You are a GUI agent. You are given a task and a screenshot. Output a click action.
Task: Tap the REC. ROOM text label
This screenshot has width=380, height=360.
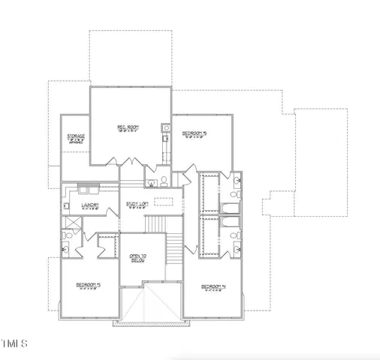pyautogui.click(x=126, y=128)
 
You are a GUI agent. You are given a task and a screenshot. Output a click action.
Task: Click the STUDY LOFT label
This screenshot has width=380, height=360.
pyautogui.click(x=136, y=204)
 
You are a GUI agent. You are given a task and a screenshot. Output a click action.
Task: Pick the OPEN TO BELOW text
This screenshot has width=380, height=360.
pyautogui.click(x=138, y=258)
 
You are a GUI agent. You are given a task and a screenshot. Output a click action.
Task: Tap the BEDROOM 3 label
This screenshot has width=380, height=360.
pyautogui.click(x=88, y=286)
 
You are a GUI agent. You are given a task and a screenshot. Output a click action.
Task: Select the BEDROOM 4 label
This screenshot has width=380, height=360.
pyautogui.click(x=213, y=287)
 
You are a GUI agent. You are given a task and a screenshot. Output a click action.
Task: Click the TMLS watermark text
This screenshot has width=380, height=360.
pyautogui.click(x=14, y=344)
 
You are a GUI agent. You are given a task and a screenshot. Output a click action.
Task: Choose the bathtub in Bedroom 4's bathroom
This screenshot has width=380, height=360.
pyautogui.click(x=231, y=223)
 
